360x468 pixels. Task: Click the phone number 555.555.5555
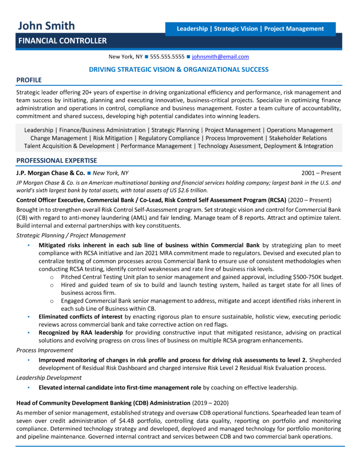click(167, 57)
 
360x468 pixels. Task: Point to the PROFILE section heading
click(29, 80)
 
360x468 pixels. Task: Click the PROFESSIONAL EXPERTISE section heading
click(56, 160)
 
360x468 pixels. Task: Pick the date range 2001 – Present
click(321, 173)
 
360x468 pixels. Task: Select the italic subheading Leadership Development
click(49, 378)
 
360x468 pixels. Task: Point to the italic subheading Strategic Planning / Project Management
click(71, 235)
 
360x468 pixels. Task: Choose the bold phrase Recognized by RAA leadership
click(81, 332)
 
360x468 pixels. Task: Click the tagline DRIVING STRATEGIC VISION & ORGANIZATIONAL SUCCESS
click(178, 69)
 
